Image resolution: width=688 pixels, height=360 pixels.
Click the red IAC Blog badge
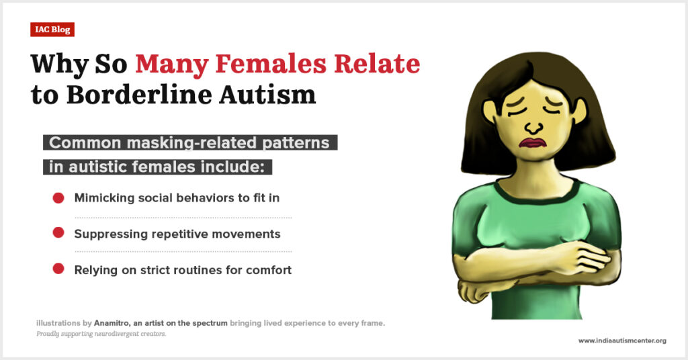(x=52, y=30)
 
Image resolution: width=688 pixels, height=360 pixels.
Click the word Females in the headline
(x=271, y=64)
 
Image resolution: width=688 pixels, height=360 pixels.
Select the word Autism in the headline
(x=267, y=95)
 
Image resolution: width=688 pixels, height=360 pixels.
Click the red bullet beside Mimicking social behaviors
(x=58, y=198)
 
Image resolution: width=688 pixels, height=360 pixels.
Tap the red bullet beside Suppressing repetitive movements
(x=58, y=232)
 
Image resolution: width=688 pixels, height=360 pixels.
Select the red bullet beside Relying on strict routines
(x=58, y=269)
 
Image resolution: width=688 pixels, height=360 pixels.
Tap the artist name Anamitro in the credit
(x=112, y=323)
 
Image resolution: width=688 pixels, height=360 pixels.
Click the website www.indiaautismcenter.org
(x=622, y=341)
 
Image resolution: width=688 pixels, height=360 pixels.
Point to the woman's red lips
(x=531, y=143)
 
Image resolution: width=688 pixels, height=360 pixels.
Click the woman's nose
(x=533, y=127)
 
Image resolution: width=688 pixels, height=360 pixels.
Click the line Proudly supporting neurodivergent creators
(x=101, y=334)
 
